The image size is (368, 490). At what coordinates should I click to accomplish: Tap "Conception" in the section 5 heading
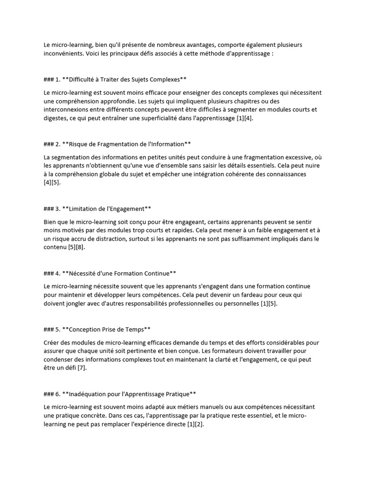86,329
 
